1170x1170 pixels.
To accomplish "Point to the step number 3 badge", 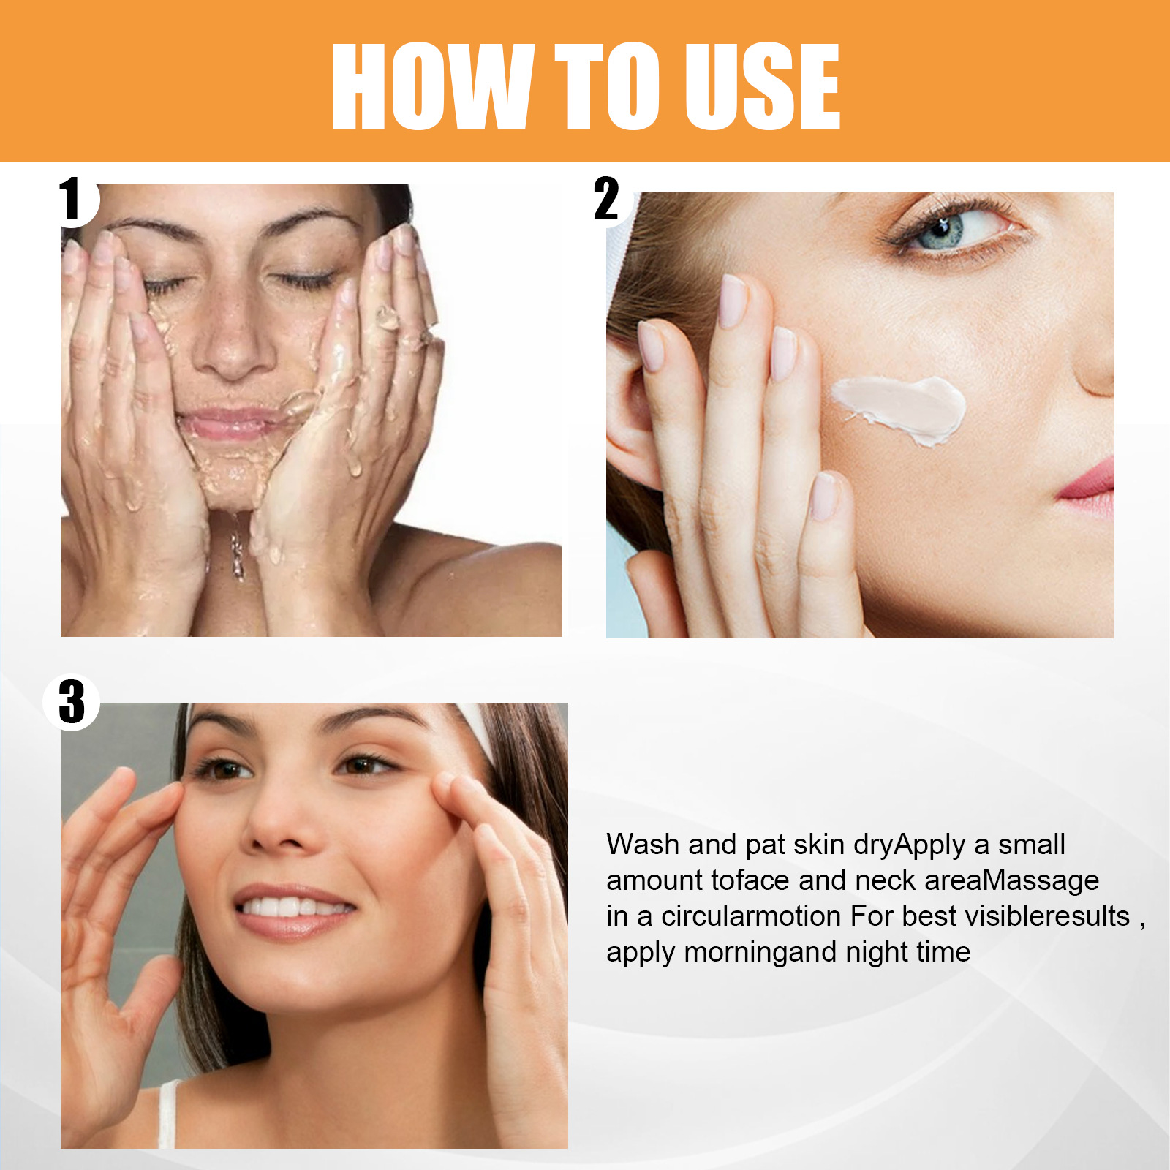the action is tap(72, 702).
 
